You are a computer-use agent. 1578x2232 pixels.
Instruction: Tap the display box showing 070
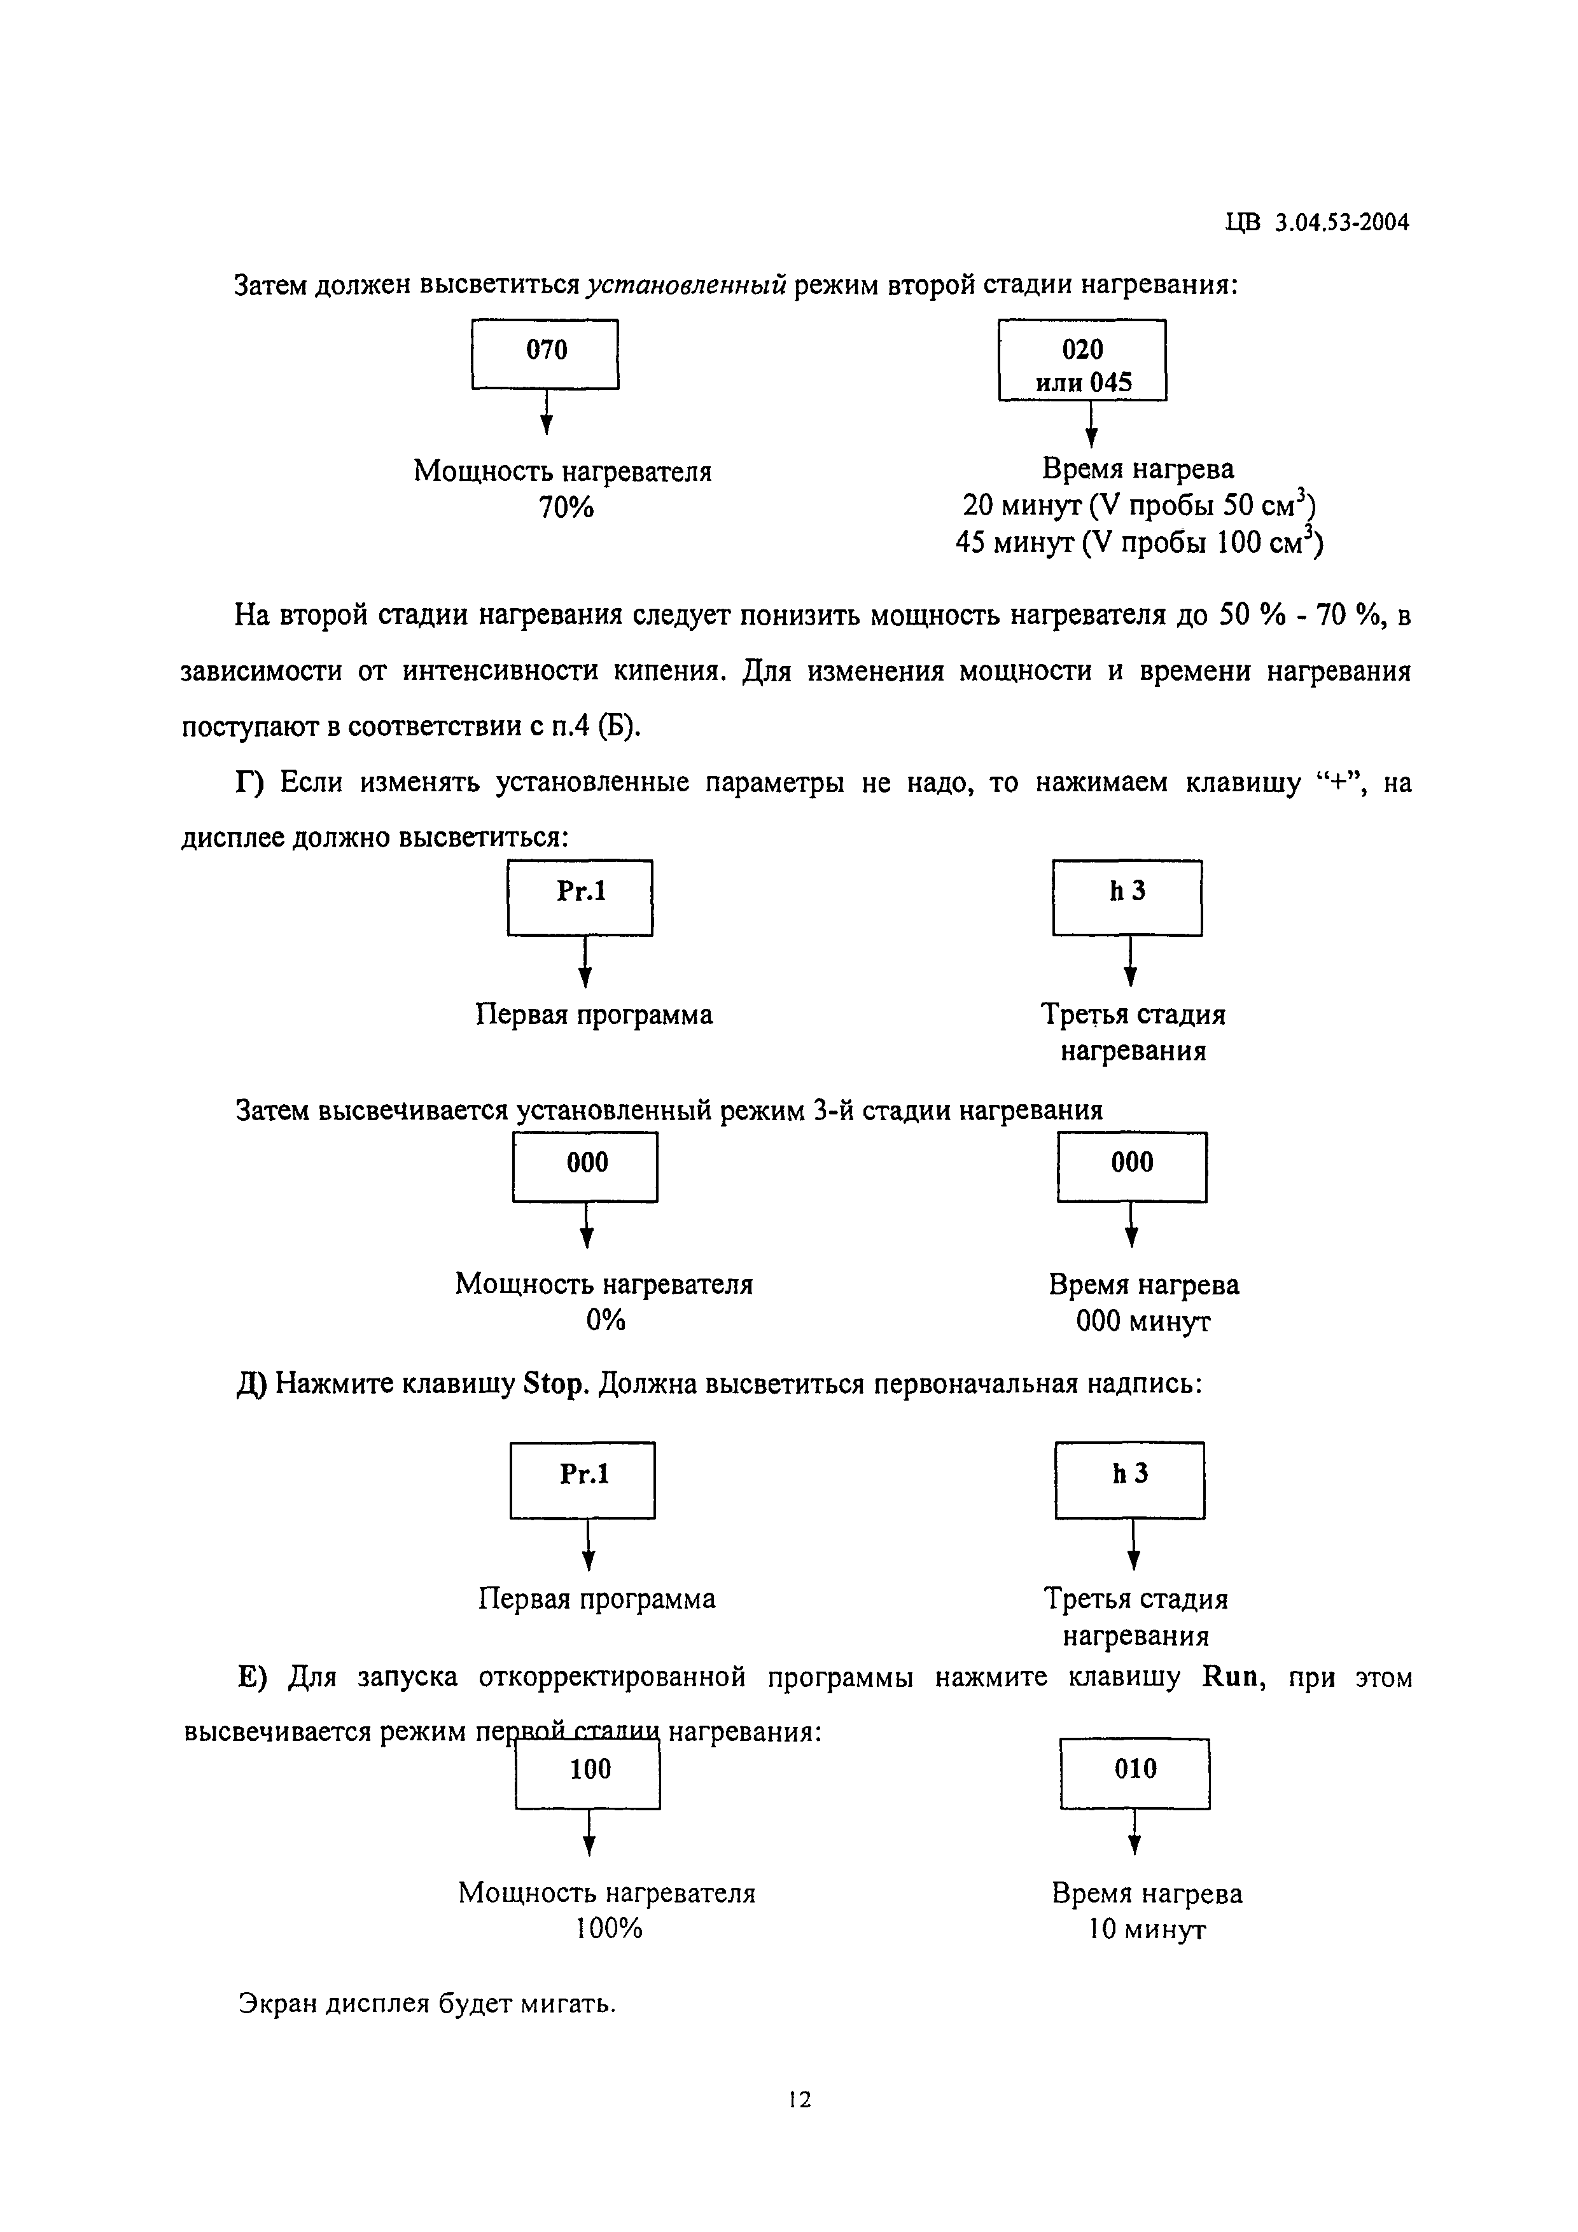coord(545,354)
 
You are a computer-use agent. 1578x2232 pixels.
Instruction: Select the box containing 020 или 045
coord(1082,359)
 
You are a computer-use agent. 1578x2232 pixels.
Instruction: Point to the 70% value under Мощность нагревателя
coord(566,506)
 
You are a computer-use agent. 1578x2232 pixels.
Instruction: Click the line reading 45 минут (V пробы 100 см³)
coord(1138,541)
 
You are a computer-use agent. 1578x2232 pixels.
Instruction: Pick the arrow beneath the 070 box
coord(547,411)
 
